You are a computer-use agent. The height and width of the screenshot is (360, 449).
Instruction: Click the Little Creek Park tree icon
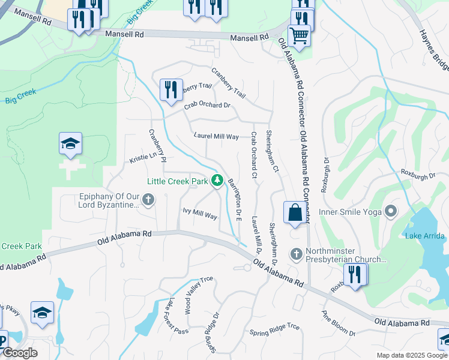click(x=217, y=181)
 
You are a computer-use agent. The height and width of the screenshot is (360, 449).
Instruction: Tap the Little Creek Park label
click(x=177, y=181)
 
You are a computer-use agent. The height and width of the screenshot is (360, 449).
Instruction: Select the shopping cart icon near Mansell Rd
click(x=298, y=35)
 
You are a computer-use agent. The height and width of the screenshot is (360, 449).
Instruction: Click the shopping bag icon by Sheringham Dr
click(x=295, y=213)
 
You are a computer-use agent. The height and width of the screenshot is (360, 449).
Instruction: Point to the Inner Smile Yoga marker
click(x=391, y=211)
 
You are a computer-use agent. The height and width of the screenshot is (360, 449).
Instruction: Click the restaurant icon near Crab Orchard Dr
click(x=171, y=89)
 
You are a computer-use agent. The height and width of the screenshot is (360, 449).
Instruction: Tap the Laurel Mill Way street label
click(x=216, y=137)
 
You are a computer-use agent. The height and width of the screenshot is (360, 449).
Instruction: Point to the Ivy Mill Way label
click(x=200, y=214)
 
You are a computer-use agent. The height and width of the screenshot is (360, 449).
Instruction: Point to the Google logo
click(x=20, y=353)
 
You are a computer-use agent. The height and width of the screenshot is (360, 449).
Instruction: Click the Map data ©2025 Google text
click(x=412, y=355)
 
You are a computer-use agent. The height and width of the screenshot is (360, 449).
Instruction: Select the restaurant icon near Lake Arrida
click(x=355, y=274)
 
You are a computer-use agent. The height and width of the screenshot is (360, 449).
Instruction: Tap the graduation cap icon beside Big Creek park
click(x=71, y=144)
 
